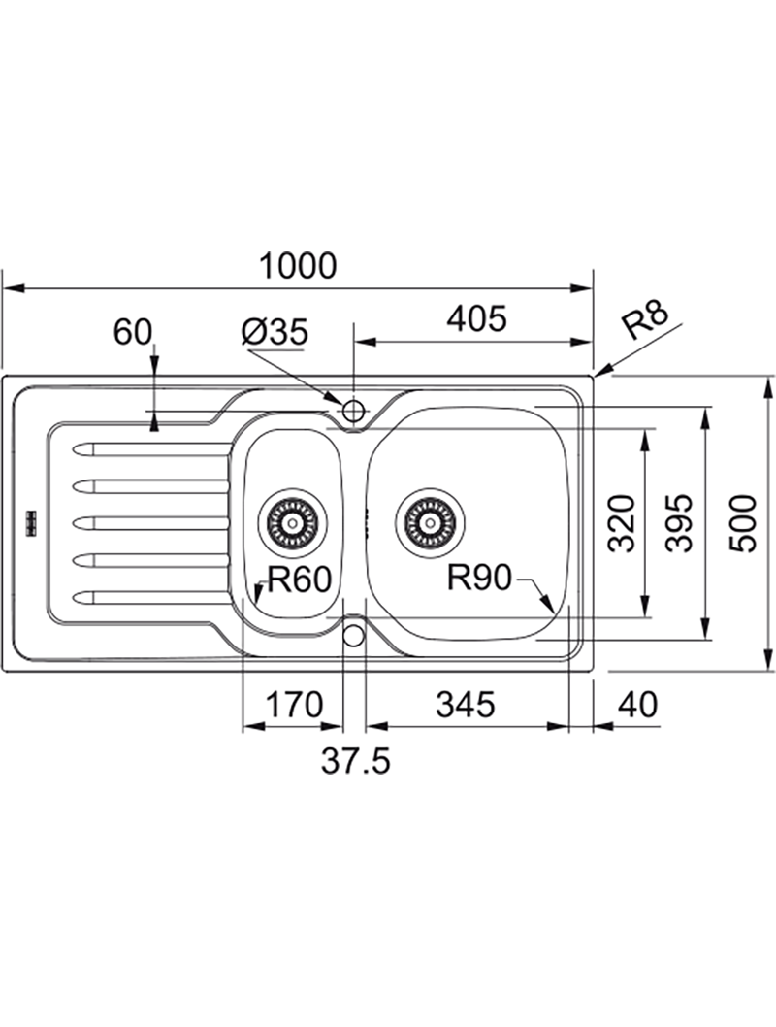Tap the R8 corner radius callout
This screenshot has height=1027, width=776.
click(x=646, y=321)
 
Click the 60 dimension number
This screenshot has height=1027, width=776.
click(x=133, y=332)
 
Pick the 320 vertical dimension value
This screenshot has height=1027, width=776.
click(x=622, y=524)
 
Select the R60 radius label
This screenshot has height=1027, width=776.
click(x=300, y=580)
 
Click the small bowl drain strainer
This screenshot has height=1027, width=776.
click(x=292, y=522)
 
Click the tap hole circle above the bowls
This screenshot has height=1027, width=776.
click(x=353, y=411)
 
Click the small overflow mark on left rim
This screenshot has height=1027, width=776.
click(x=30, y=521)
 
